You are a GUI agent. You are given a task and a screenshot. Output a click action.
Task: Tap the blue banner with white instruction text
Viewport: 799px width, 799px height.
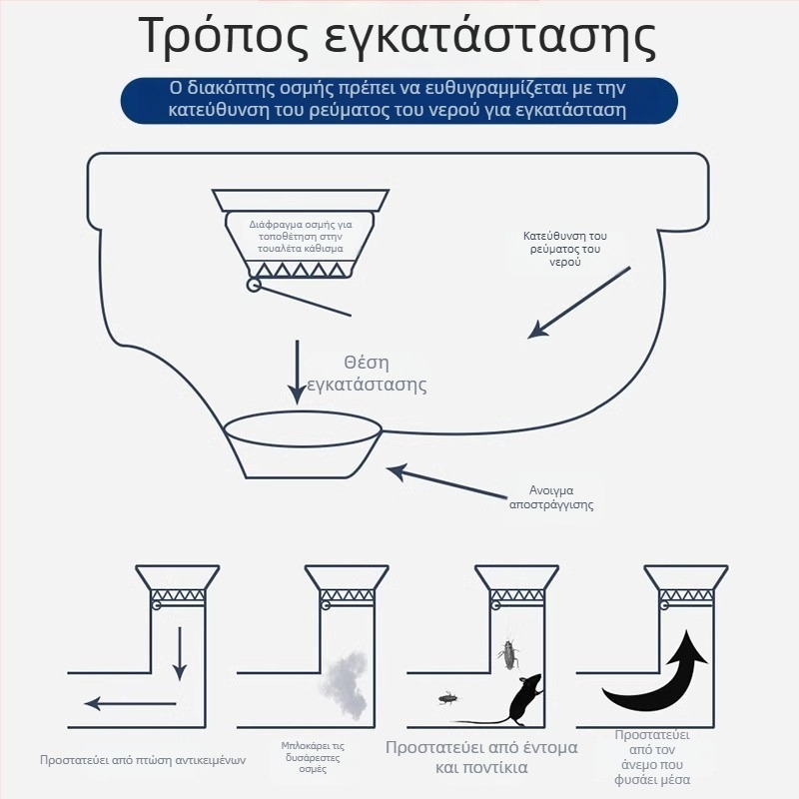point(399,99)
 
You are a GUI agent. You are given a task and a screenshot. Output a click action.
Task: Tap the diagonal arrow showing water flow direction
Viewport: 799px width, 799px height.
point(579,303)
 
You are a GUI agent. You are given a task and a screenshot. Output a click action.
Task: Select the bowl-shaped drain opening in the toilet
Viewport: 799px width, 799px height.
point(304,441)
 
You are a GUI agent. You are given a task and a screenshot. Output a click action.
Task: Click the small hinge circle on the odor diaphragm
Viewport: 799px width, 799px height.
point(254,287)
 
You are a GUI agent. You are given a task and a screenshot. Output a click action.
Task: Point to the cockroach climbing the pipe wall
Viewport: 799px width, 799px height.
point(507,654)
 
